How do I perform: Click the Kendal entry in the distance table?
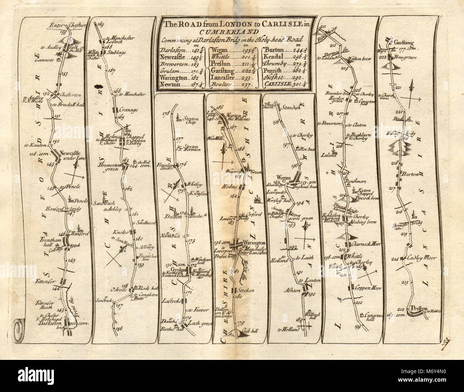(x=276, y=56)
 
